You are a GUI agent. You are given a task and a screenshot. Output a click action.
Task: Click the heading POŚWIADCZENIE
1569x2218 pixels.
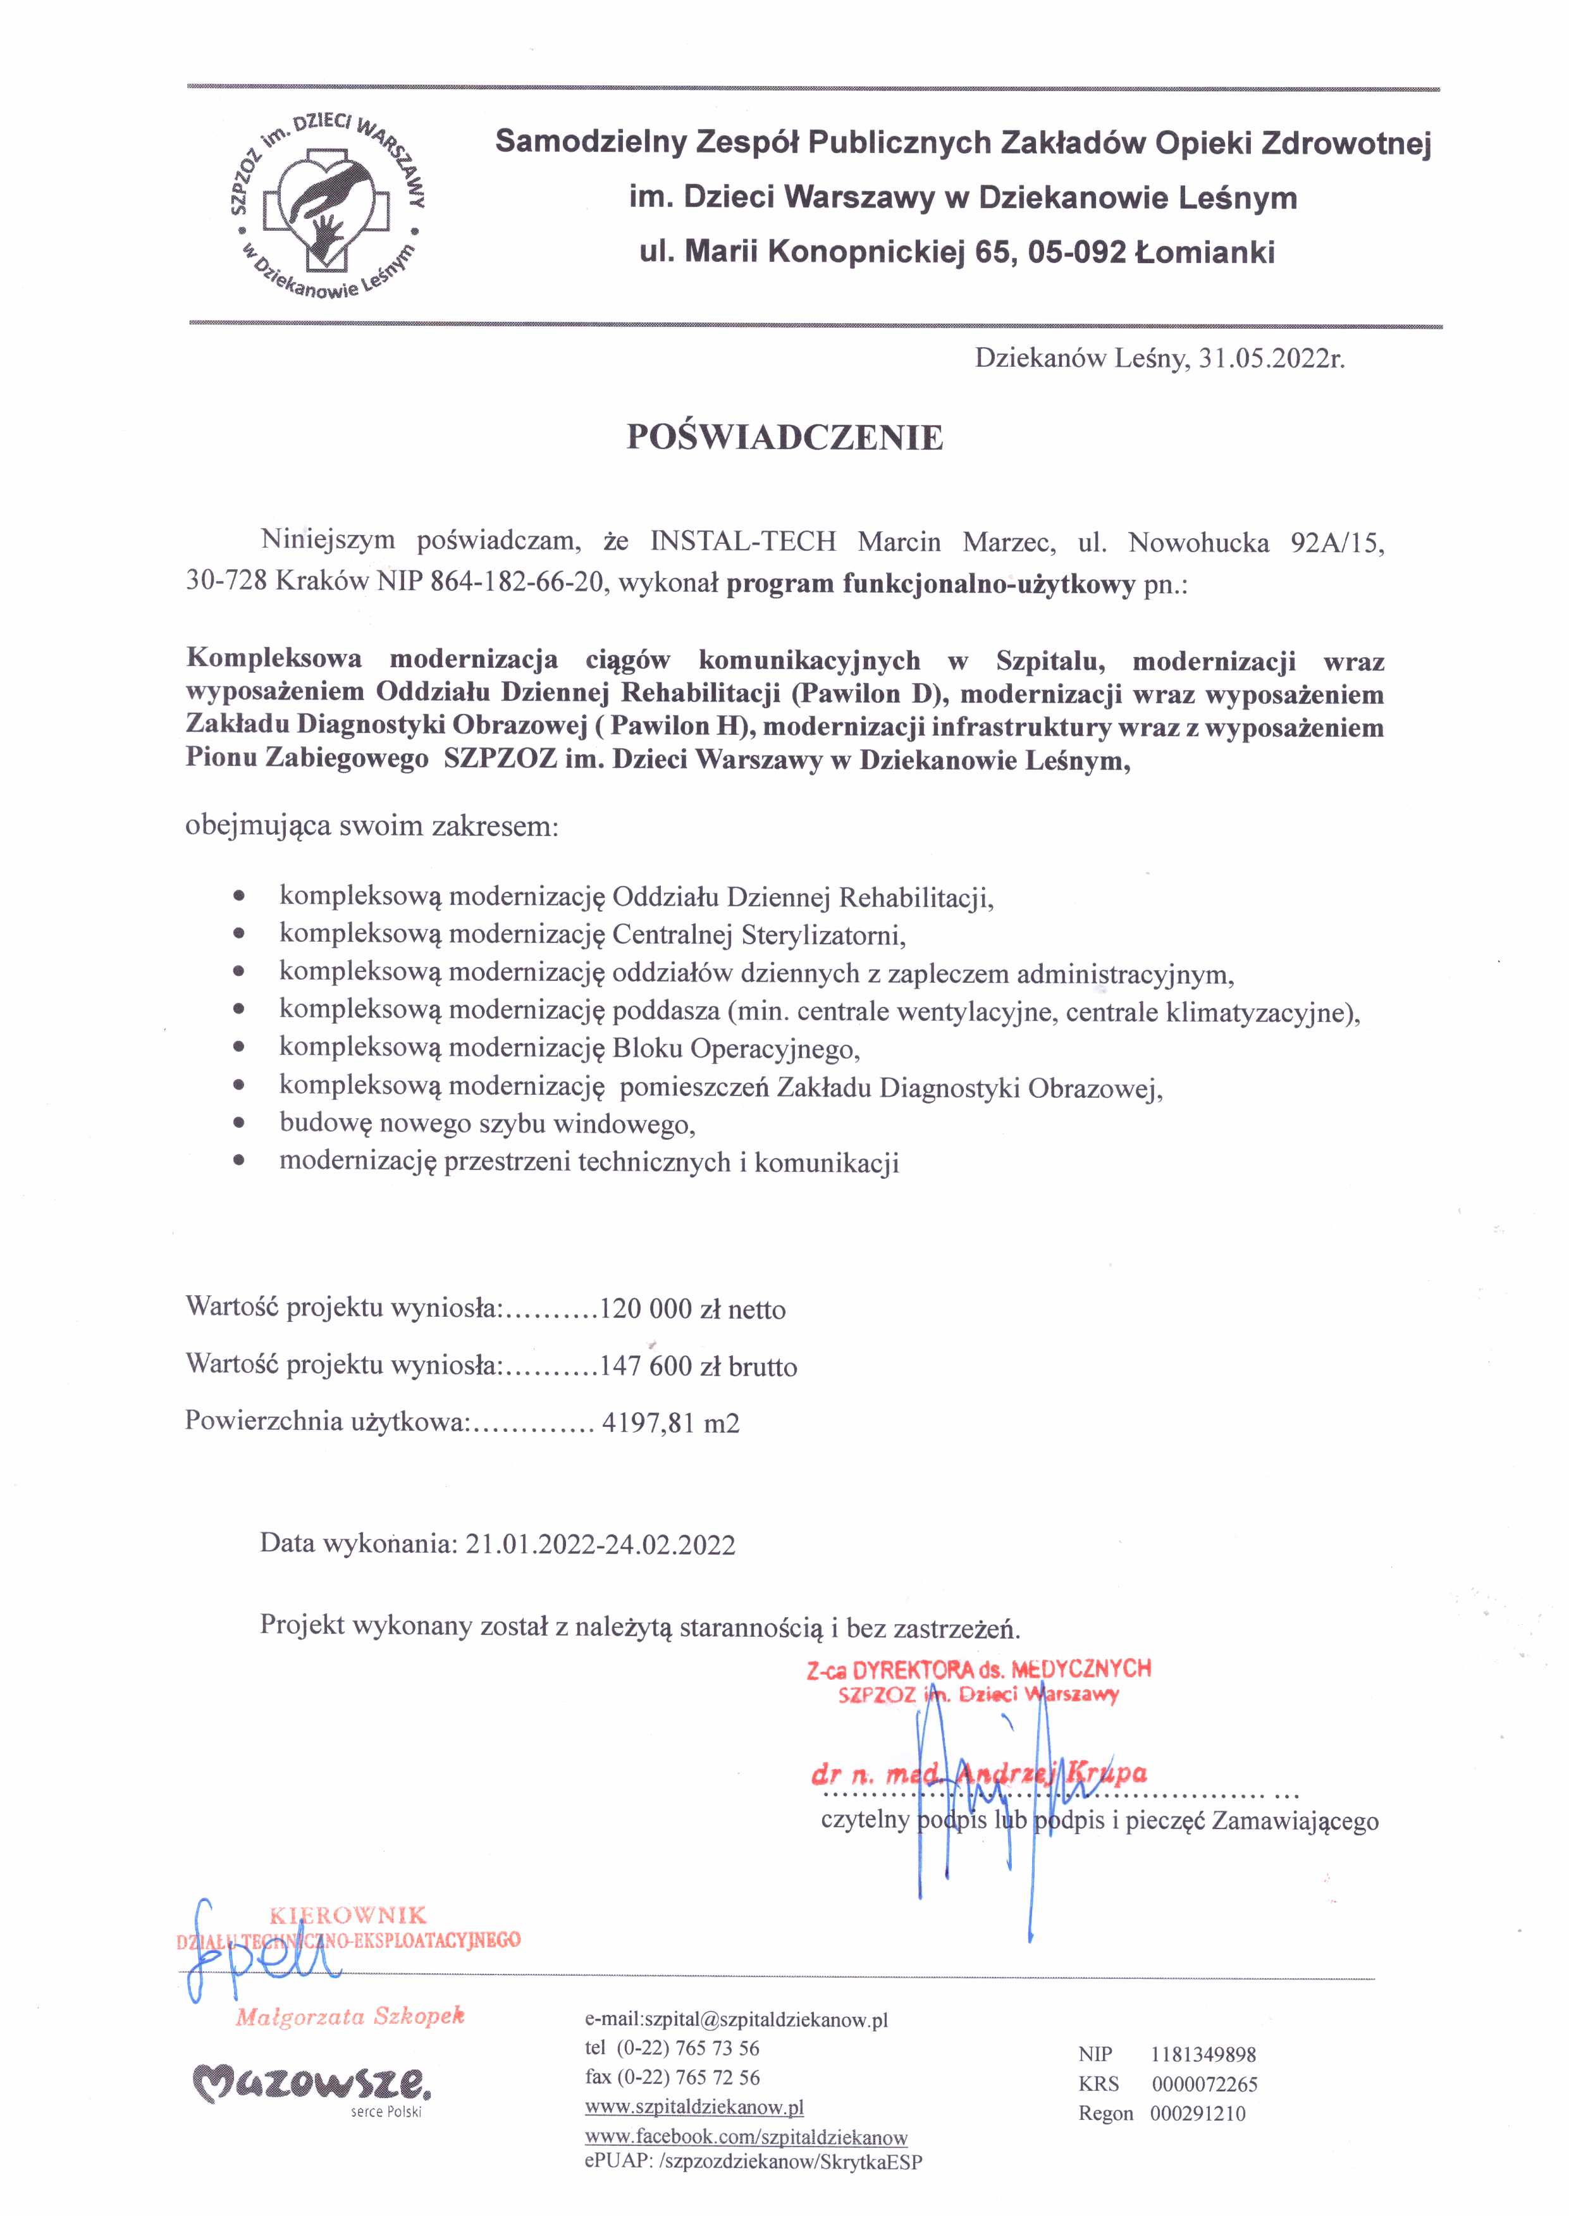(x=784, y=438)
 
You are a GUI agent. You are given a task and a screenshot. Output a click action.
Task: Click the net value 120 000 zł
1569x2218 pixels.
(x=659, y=1310)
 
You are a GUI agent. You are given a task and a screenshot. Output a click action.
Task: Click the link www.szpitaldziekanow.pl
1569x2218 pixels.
(x=694, y=2107)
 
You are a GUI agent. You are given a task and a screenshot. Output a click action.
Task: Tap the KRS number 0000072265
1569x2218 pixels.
(x=1204, y=2085)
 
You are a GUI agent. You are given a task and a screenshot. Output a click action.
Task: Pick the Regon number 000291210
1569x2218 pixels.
(x=1198, y=2114)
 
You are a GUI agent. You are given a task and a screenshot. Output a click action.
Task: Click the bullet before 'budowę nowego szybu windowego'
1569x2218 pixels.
(x=238, y=1124)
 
